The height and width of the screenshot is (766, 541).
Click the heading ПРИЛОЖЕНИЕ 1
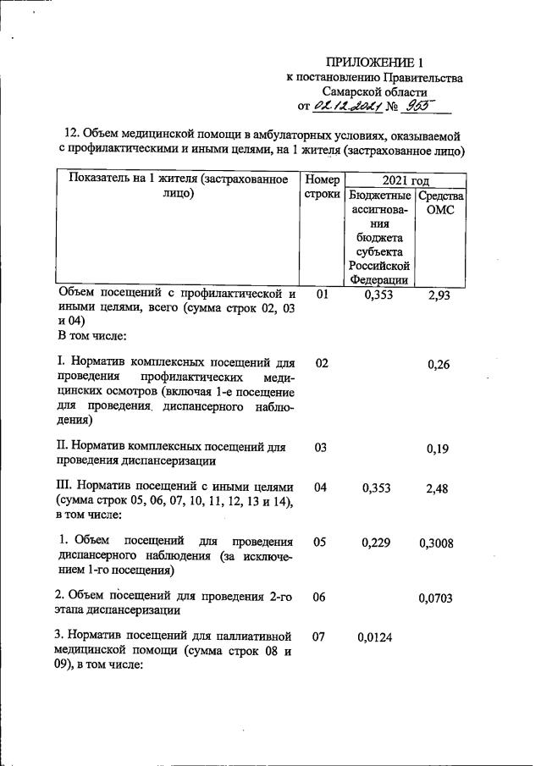[373, 63]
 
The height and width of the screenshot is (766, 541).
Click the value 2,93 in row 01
[439, 295]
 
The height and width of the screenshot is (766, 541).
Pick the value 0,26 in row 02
[438, 365]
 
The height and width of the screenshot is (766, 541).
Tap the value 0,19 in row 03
[438, 449]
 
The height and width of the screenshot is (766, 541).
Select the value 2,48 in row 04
[439, 488]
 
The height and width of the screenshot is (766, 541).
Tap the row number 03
[321, 448]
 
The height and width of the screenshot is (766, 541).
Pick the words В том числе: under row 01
[92, 336]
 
